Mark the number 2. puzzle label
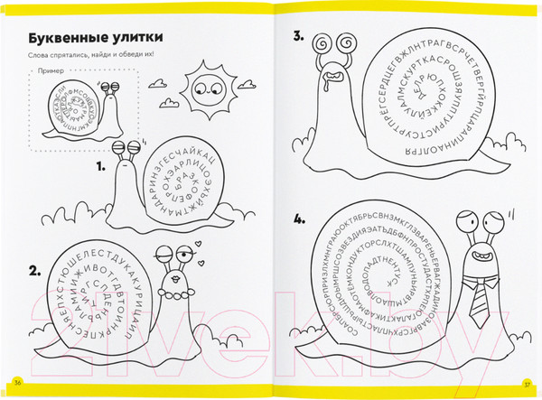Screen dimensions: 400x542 pos(35,269)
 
